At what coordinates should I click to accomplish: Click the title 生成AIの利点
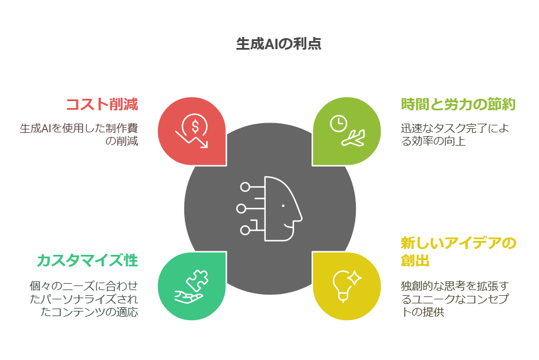pyautogui.click(x=278, y=44)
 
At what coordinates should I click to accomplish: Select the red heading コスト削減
pyautogui.click(x=102, y=104)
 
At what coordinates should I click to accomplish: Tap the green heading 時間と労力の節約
pyautogui.click(x=458, y=104)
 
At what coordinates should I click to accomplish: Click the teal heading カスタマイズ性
pyautogui.click(x=87, y=260)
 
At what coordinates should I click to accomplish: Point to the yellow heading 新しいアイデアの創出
pyautogui.click(x=458, y=252)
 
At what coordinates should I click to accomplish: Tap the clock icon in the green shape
pyautogui.click(x=339, y=124)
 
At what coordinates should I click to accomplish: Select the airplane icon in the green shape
pyautogui.click(x=353, y=138)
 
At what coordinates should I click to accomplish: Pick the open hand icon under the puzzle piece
pyautogui.click(x=188, y=297)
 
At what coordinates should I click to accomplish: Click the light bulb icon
pyautogui.click(x=343, y=286)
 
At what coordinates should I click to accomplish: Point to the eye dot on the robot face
pyautogui.click(x=283, y=206)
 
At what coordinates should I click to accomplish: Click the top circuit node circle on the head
pyautogui.click(x=245, y=187)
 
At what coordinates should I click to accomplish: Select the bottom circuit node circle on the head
pyautogui.click(x=245, y=230)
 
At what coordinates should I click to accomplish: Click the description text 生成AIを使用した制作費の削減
pyautogui.click(x=79, y=135)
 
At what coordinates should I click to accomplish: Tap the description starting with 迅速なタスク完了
pyautogui.click(x=455, y=135)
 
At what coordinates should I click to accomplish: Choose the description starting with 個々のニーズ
pyautogui.click(x=84, y=299)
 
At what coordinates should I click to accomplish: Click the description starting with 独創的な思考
pyautogui.click(x=455, y=299)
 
